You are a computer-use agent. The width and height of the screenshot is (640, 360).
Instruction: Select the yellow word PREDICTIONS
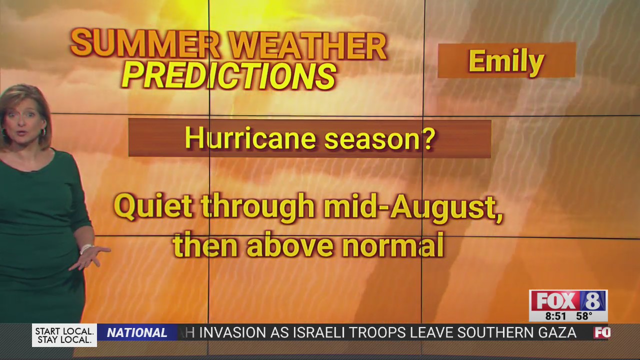coord(228,76)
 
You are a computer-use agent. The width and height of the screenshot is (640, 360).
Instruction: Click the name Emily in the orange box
coord(506,61)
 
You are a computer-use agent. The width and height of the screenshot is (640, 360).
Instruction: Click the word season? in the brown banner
coord(380,139)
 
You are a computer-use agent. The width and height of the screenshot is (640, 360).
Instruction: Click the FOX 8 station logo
coord(568,300)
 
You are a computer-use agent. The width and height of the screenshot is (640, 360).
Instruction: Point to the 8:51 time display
coord(555,316)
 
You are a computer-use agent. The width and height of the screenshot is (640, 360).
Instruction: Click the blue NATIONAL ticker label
coord(137,333)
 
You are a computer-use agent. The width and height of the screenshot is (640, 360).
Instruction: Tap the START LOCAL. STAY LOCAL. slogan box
coord(64,335)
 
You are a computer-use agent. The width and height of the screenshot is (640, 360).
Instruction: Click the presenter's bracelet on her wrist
coord(85,248)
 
